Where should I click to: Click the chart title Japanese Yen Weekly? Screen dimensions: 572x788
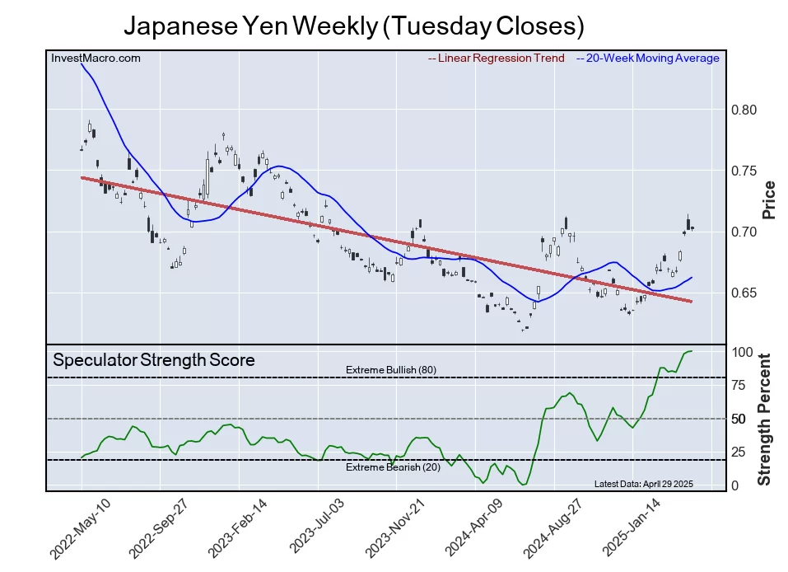point(353,26)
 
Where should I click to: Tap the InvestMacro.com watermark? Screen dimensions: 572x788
point(96,59)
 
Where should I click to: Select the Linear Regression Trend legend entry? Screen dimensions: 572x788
point(497,59)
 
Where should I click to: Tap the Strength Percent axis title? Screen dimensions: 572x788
point(765,419)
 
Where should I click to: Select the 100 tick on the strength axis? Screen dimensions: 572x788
point(742,352)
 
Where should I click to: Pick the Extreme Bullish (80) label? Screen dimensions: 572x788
point(390,370)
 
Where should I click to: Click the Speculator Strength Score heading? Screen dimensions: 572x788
point(154,360)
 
